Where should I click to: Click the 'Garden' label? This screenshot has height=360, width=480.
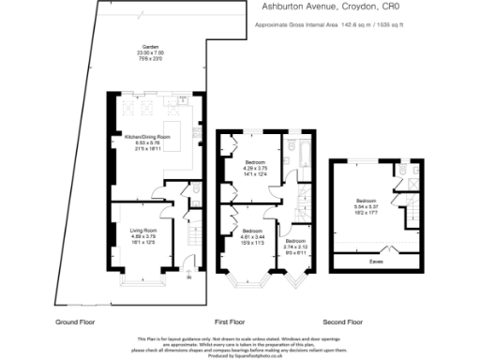tap(149, 46)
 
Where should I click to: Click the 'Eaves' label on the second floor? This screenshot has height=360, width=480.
tap(377, 248)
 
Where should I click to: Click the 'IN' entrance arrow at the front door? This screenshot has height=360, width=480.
tap(189, 275)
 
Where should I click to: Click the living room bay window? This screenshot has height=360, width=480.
tap(142, 277)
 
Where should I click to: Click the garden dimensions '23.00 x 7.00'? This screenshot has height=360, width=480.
tap(149, 52)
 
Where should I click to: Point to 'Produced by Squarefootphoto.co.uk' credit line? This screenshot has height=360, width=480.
tap(240, 356)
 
